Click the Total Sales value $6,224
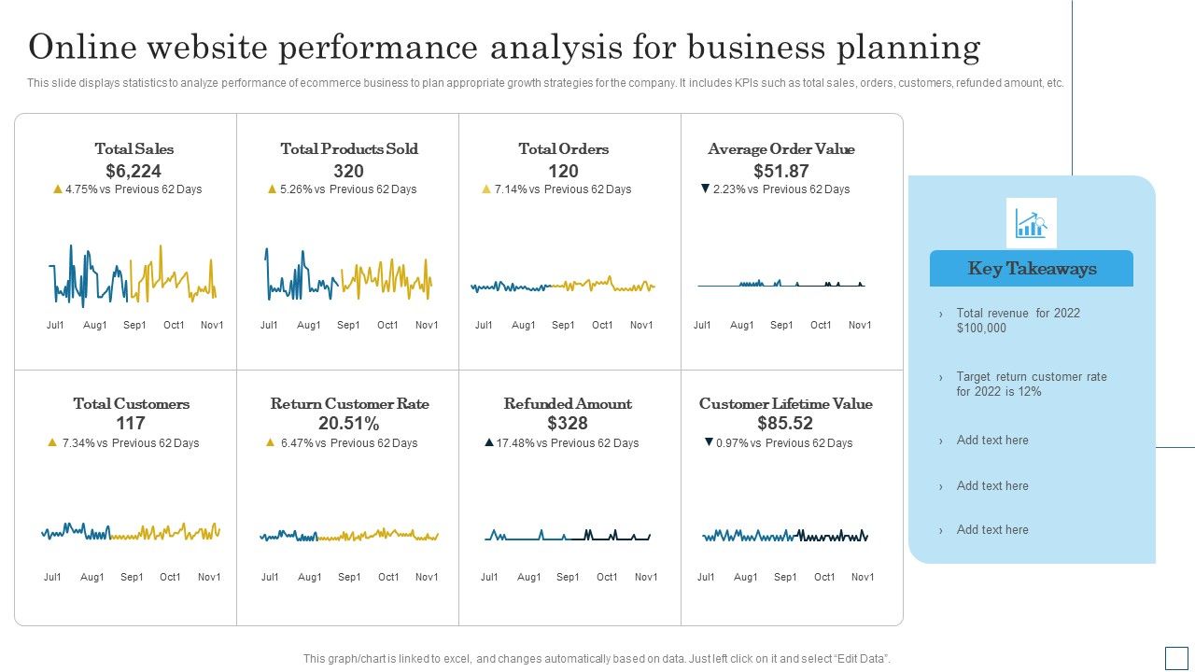tap(134, 171)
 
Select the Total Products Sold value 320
tap(348, 171)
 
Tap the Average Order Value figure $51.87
tap(781, 171)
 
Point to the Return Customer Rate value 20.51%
tap(349, 424)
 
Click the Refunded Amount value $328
tap(568, 424)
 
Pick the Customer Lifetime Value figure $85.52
tap(785, 424)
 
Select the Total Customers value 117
tap(131, 424)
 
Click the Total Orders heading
tap(563, 149)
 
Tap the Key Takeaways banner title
tap(1032, 269)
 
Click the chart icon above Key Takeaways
tap(1032, 223)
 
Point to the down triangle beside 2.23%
tap(706, 189)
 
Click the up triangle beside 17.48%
tap(488, 443)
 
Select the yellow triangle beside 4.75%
tap(58, 189)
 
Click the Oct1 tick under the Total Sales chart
tap(174, 326)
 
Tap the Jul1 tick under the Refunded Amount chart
tap(489, 578)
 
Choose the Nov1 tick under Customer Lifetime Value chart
tap(863, 578)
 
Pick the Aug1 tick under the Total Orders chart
tap(524, 326)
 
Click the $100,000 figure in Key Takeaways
tap(981, 329)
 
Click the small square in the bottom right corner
tap(1176, 658)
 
